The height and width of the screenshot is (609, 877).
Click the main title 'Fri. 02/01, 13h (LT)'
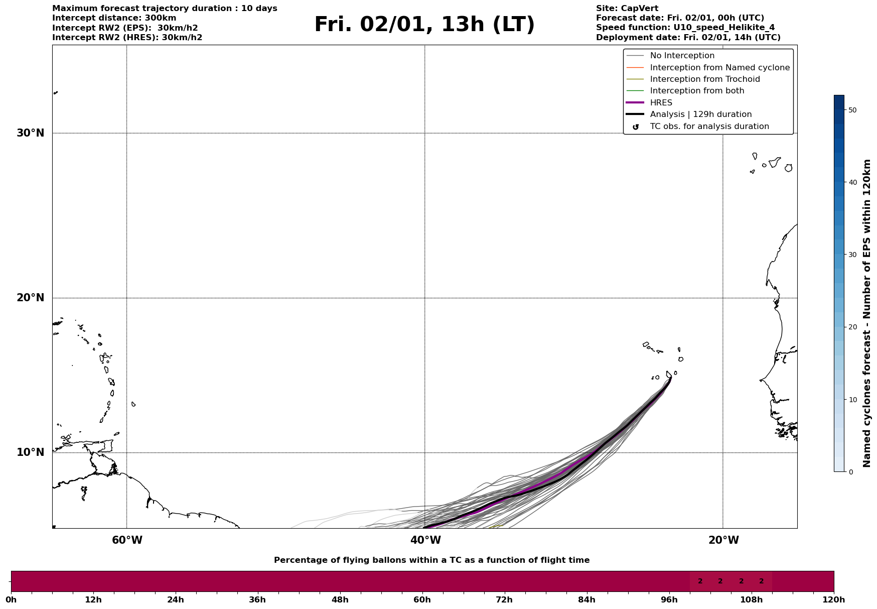tap(424, 25)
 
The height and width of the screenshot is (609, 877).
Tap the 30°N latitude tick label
tap(30, 133)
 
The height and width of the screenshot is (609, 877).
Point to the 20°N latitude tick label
tap(30, 298)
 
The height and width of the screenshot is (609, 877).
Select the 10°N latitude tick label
tap(30, 452)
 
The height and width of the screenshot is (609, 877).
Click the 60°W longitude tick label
tap(127, 540)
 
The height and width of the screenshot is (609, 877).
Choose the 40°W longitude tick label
tap(425, 540)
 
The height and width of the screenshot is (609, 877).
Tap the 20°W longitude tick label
tap(723, 540)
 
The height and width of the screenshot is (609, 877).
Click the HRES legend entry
tap(661, 103)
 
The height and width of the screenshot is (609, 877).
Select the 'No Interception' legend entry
tap(682, 56)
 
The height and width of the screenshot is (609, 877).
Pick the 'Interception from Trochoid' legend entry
tap(704, 79)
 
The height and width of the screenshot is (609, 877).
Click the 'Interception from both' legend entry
tap(697, 91)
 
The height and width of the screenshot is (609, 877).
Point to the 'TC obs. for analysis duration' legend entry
tap(709, 127)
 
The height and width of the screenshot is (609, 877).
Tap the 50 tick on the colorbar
tap(852, 110)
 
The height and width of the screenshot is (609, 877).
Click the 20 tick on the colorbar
tap(852, 327)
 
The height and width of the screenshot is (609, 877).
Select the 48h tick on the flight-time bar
tap(340, 599)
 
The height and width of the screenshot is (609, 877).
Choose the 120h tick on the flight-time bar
tap(834, 599)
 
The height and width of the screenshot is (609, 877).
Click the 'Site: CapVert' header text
tap(627, 9)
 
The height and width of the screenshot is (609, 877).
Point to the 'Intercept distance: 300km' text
tap(114, 18)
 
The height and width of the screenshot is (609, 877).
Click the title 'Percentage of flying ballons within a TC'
tap(431, 560)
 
